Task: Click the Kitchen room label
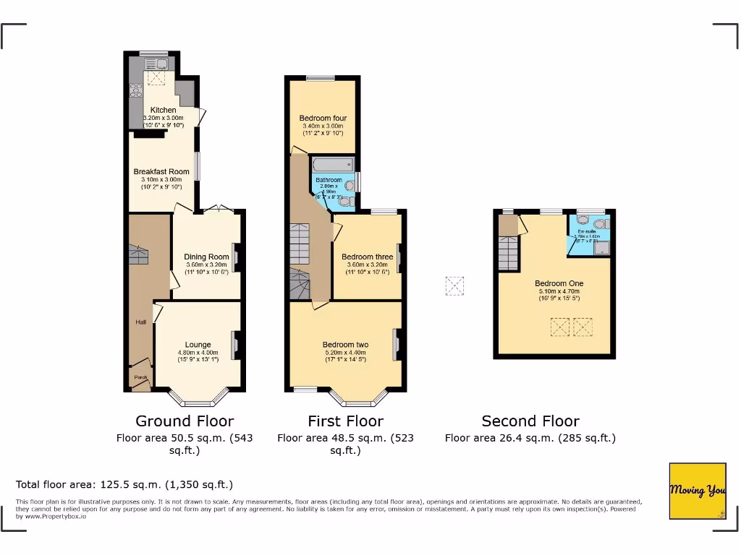point(163,110)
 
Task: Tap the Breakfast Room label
point(161,172)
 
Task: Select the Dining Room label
point(206,257)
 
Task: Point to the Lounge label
point(198,345)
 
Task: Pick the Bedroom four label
point(323,119)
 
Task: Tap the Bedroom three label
point(367,257)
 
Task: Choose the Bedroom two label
point(346,345)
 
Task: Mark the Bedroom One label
point(559,283)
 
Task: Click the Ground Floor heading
point(185,421)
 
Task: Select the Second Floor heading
point(530,421)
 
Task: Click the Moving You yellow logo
point(698,491)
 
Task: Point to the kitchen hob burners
point(135,90)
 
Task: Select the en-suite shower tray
point(601,248)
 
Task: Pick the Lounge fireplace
point(234,345)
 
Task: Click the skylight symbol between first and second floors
point(454,286)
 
